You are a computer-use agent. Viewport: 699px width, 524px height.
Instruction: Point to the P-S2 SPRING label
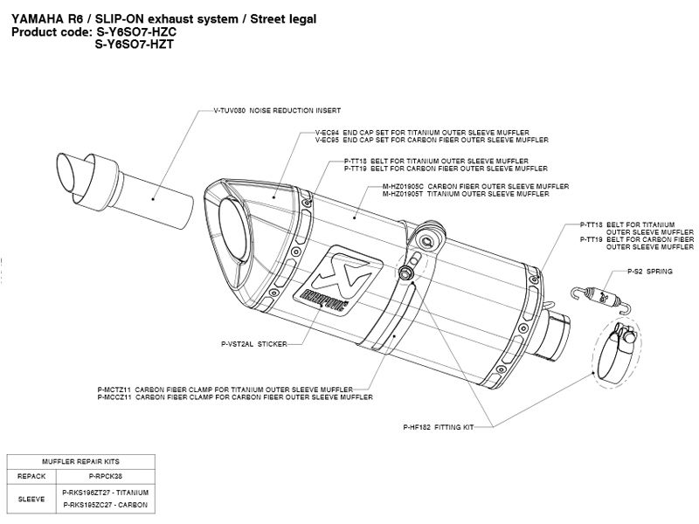pyautogui.click(x=649, y=272)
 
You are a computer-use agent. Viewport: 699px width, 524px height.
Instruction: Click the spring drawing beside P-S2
pyautogui.click(x=602, y=293)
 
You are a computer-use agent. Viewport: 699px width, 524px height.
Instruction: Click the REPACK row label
pyautogui.click(x=31, y=476)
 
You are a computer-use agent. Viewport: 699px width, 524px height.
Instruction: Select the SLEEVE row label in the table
pyautogui.click(x=31, y=500)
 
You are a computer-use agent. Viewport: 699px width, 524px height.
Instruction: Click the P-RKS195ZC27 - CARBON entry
pyautogui.click(x=106, y=506)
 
